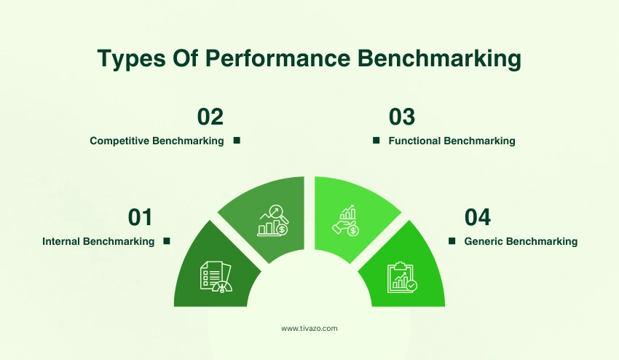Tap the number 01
point(140,217)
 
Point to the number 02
point(210,117)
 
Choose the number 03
point(402,117)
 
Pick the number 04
point(478,217)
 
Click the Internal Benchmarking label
point(98,241)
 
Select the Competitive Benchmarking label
point(157,141)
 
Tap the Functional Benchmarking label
point(452,141)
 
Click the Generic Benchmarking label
point(521,241)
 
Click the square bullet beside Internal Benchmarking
point(166,240)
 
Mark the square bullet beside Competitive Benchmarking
point(237,140)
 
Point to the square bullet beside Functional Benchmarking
point(376,140)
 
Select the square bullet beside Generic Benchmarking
point(452,240)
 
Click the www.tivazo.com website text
point(309,329)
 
